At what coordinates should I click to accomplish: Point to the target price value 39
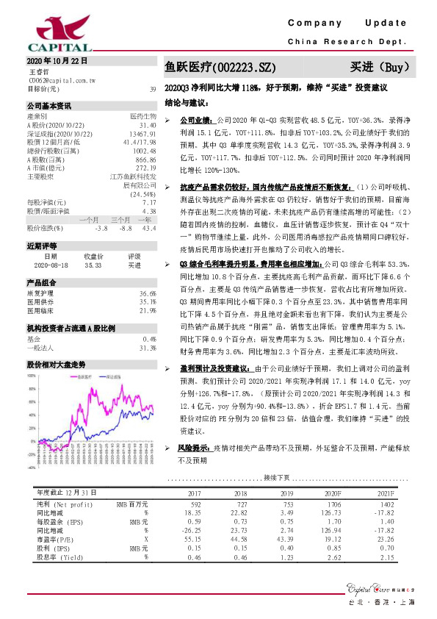(152, 90)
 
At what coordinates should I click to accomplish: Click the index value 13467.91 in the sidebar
(141, 136)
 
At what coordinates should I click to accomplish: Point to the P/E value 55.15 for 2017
(195, 540)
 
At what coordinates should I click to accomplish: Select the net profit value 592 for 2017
(195, 505)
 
